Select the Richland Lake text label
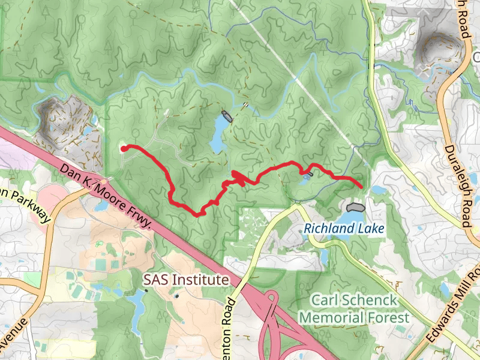pos(343,229)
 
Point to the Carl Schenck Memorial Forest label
pos(354,308)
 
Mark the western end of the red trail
pos(123,148)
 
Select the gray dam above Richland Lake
pos(355,206)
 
